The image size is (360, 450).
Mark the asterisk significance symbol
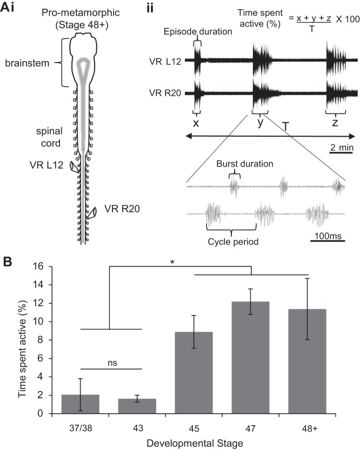click(x=172, y=262)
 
